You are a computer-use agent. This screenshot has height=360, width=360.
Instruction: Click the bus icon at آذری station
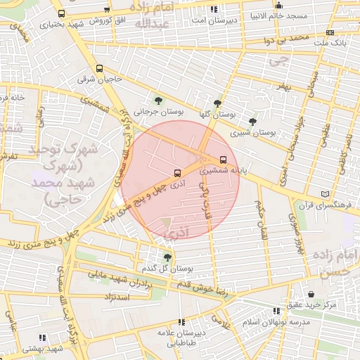[x=176, y=172]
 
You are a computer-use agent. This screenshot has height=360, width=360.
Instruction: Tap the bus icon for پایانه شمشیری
[x=224, y=159]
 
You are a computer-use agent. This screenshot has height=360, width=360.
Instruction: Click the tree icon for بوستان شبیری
[x=252, y=121]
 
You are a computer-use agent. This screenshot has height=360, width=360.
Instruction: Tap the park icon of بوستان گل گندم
[x=167, y=257]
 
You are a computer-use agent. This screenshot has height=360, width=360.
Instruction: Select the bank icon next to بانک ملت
[x=330, y=32]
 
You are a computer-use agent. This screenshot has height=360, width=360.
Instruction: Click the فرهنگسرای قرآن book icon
[x=324, y=193]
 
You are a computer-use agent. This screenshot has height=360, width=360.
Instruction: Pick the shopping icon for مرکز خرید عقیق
[x=311, y=294]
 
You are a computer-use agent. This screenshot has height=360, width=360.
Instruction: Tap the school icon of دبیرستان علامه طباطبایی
[x=181, y=321]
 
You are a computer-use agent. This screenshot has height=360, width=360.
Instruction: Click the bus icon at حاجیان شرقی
[x=99, y=69]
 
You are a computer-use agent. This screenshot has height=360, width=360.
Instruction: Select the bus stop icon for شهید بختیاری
[x=62, y=13]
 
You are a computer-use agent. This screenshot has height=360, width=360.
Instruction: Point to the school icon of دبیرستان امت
[x=214, y=10]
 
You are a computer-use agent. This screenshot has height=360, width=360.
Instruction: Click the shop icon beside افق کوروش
[x=106, y=10]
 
